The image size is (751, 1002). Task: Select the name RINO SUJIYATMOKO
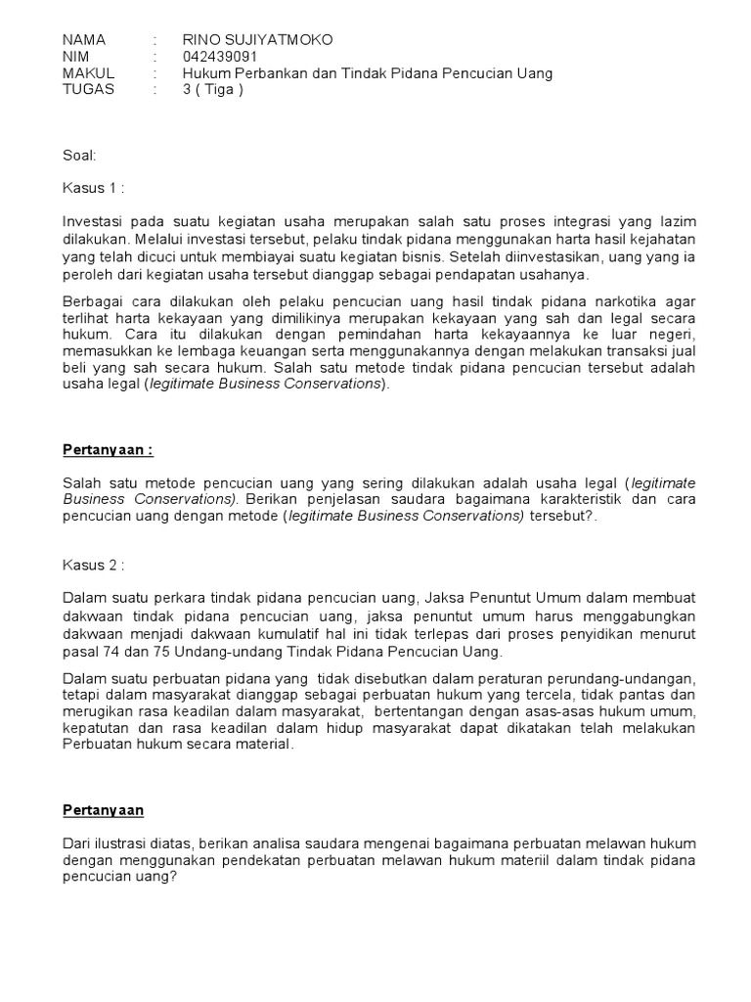(257, 40)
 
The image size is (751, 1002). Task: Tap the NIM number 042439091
(220, 57)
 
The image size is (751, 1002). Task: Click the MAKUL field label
(88, 73)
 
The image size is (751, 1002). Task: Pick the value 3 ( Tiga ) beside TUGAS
(212, 89)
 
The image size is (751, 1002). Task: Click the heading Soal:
(79, 155)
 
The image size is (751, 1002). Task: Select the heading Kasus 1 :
(94, 188)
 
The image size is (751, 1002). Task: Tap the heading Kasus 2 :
(94, 565)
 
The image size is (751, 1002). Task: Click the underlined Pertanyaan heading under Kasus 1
(109, 449)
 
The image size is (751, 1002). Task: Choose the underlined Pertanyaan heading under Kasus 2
(104, 810)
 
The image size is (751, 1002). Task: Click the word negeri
(672, 333)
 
